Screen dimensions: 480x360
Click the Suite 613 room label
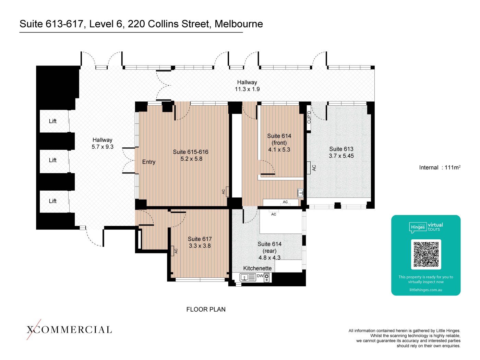point(341,149)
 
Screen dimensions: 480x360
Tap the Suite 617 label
point(200,239)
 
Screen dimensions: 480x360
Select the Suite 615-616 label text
point(191,152)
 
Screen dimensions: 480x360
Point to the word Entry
point(148,162)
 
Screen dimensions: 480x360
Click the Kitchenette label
point(257,268)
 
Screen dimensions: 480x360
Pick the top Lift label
point(52,121)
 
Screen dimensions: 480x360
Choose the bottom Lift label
point(52,201)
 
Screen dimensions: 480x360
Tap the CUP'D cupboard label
point(309,117)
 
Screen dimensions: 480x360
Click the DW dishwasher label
point(260,276)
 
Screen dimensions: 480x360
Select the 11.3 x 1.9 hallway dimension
point(247,89)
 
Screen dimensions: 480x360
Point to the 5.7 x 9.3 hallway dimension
point(102,147)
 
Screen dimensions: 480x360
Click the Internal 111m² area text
point(440,167)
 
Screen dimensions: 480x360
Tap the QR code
point(426,254)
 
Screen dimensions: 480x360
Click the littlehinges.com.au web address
point(425,290)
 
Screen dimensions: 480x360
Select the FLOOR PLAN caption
point(206,309)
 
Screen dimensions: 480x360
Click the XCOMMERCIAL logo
point(69,329)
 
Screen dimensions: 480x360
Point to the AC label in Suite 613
point(314,168)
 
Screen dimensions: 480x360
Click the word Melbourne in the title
point(239,24)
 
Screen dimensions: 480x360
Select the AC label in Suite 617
point(176,251)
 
